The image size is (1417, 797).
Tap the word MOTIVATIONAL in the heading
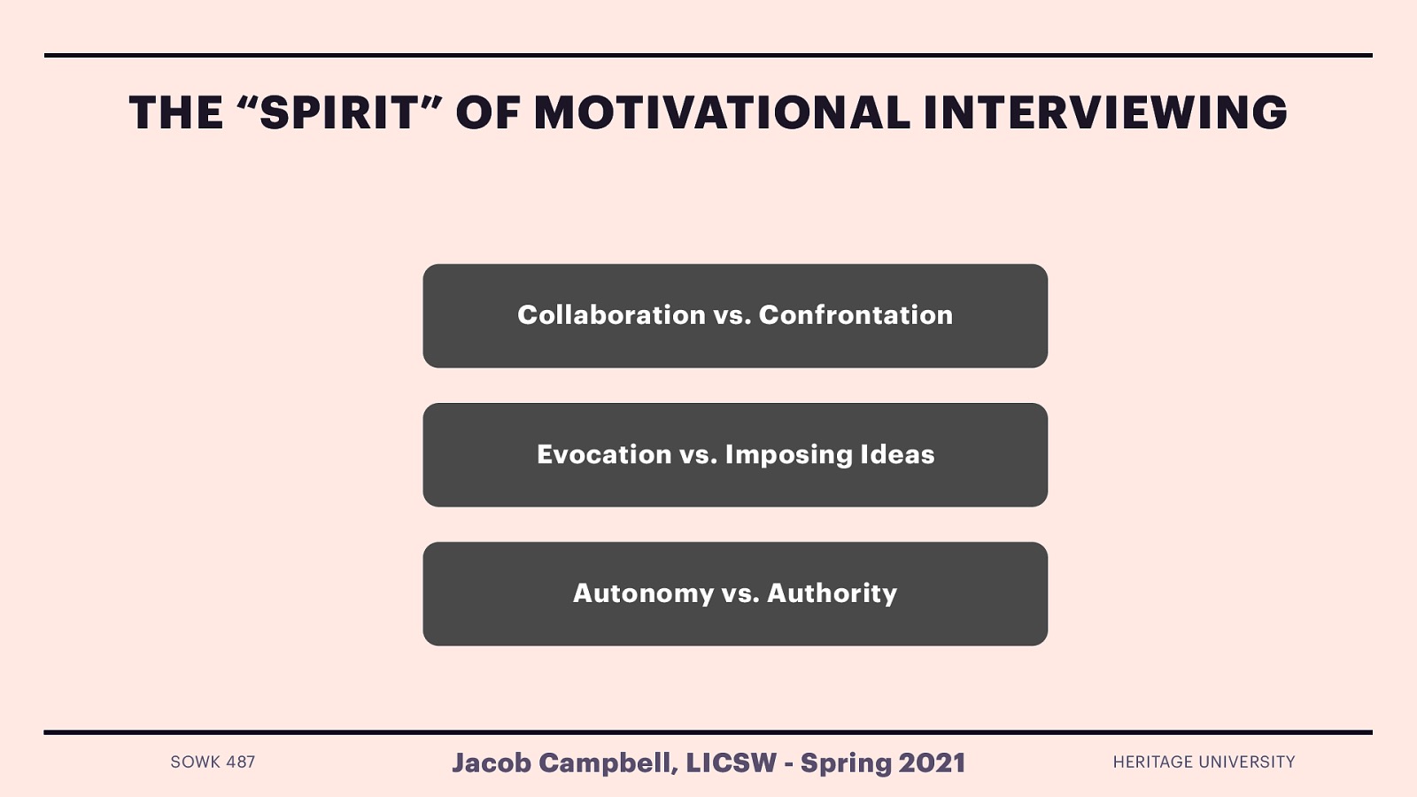tap(722, 113)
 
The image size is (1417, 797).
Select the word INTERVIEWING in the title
tap(1104, 113)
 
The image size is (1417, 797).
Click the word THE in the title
tap(176, 113)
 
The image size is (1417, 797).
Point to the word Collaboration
tap(611, 315)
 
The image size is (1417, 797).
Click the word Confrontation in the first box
tap(856, 315)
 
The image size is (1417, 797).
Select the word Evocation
tap(604, 454)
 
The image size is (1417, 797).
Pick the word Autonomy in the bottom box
tap(643, 593)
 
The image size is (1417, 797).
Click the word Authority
tap(832, 593)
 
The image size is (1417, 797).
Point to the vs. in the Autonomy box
tap(739, 593)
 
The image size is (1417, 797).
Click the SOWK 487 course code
tap(213, 762)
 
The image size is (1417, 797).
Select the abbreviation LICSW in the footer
tap(731, 763)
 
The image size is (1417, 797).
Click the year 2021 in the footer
tap(932, 763)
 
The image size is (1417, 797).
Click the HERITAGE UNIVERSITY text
tap(1204, 762)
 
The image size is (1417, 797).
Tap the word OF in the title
tap(488, 113)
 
